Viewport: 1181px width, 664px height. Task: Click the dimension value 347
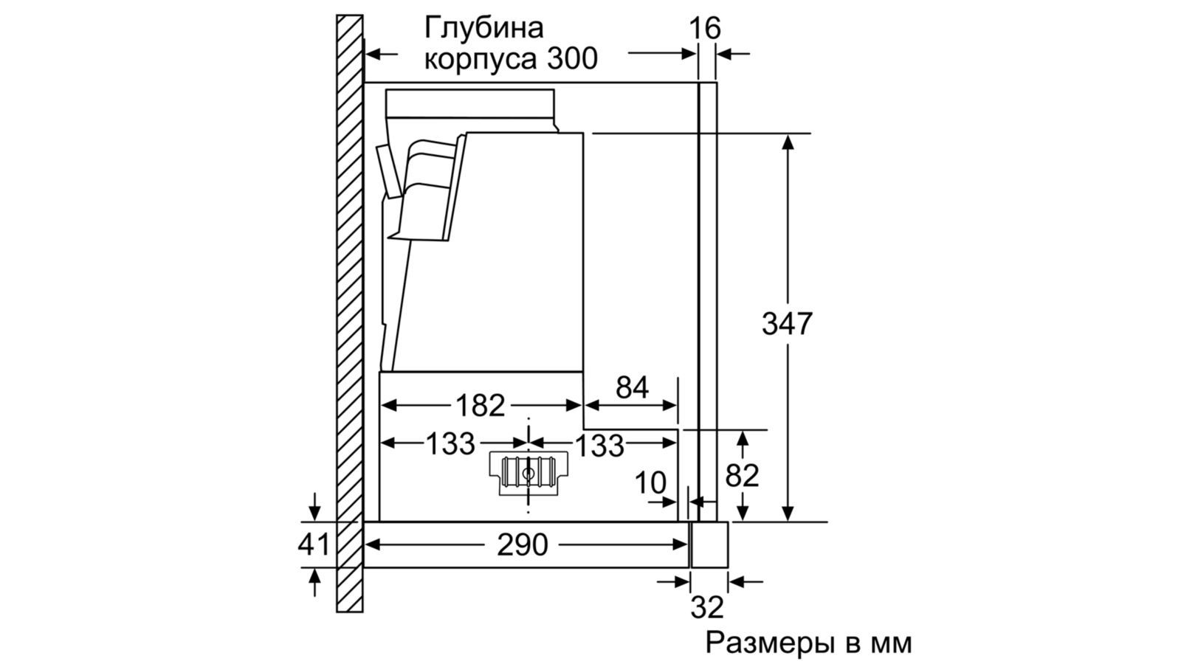787,324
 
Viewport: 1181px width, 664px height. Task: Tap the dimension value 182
481,405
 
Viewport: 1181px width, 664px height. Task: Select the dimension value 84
632,387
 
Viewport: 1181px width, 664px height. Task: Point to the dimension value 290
523,545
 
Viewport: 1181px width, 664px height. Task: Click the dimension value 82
742,476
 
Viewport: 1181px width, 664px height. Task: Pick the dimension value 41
314,545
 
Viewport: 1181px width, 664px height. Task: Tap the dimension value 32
707,607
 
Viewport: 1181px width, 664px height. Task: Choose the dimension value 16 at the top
704,28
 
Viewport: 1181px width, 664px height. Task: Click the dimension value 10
650,483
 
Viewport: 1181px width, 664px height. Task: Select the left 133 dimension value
450,443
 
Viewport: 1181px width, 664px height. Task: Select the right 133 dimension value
599,445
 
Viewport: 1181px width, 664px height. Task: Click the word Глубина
483,28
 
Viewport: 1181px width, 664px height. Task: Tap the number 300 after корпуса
572,59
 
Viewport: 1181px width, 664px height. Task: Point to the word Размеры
768,643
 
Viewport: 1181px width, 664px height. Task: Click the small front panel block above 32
709,544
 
